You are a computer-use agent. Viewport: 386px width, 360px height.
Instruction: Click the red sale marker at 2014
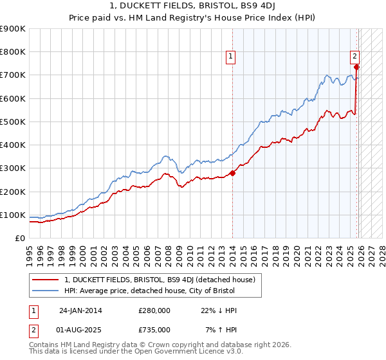click(233, 172)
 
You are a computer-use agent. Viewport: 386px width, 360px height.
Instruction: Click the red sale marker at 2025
click(356, 67)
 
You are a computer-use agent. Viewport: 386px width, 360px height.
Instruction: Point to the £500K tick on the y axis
click(13, 122)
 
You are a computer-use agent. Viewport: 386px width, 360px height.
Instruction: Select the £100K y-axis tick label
click(13, 215)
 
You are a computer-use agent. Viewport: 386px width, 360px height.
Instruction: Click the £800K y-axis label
click(13, 52)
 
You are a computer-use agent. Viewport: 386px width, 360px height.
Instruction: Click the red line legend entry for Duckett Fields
click(160, 280)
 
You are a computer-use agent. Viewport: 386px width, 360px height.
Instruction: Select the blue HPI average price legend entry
click(150, 291)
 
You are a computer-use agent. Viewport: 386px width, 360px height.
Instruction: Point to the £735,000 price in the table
click(154, 329)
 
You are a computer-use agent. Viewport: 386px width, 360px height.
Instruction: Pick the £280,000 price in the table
click(154, 310)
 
